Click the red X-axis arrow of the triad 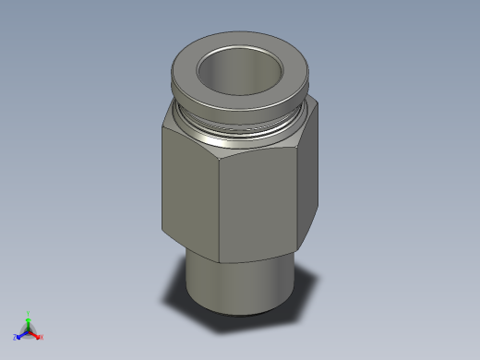click(36, 334)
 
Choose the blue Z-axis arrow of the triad click(20, 334)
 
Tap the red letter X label click(42, 337)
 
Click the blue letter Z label click(15, 337)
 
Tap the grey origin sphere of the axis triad click(29, 330)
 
